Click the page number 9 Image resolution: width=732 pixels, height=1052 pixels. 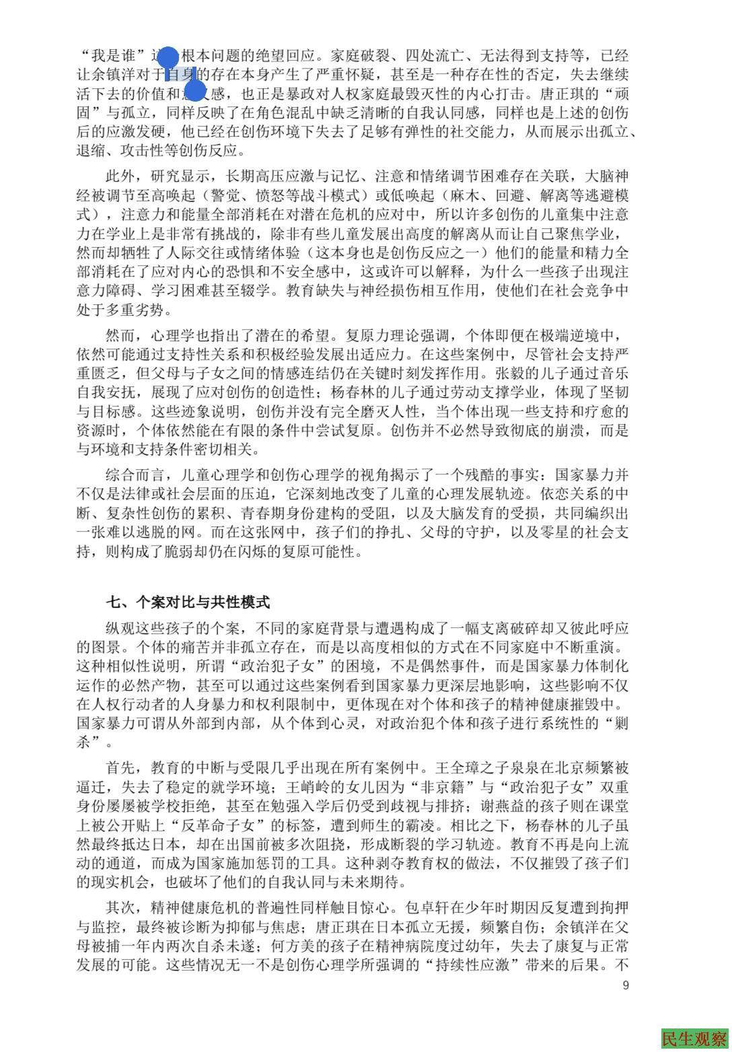(626, 985)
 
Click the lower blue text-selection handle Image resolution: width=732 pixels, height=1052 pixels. (194, 90)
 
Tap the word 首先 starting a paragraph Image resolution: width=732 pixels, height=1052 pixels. (120, 767)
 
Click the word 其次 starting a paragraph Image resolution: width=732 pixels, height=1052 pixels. (120, 907)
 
